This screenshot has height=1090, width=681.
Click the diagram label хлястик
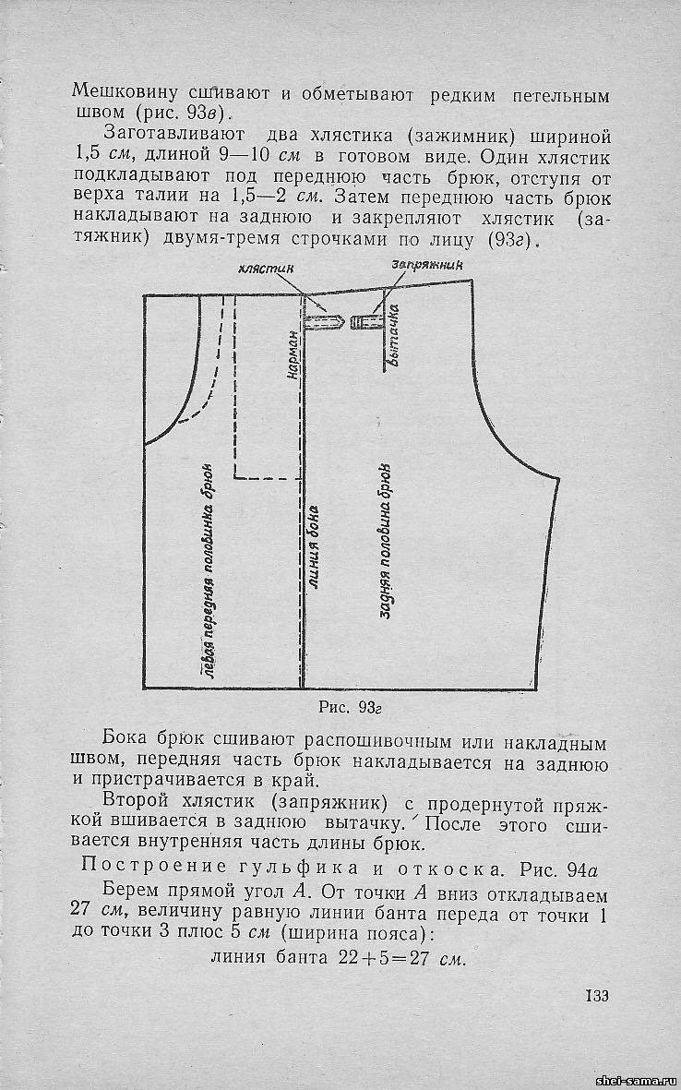tap(266, 268)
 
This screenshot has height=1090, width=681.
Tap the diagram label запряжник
tap(427, 265)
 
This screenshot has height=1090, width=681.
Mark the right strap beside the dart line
tap(368, 322)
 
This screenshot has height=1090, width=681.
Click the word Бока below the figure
tap(127, 742)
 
